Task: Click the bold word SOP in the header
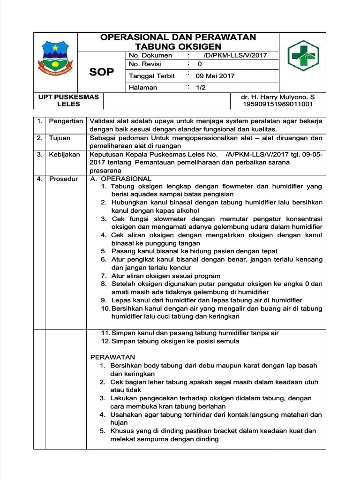[x=102, y=72]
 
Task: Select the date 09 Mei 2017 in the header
[x=216, y=75]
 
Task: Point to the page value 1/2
[x=202, y=87]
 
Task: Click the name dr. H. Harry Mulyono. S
[x=277, y=97]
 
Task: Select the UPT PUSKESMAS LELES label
[x=68, y=100]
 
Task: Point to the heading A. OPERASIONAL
[x=120, y=179]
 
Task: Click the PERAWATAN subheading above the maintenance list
[x=112, y=357]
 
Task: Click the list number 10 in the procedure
[x=105, y=308]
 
